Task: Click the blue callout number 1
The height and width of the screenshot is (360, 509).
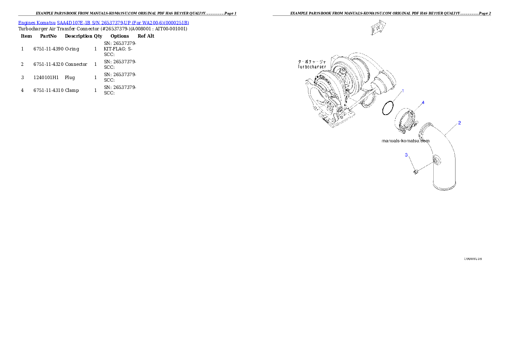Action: (402, 91)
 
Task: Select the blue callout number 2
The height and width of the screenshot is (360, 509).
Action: (459, 123)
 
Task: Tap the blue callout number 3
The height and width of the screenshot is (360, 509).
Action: (406, 155)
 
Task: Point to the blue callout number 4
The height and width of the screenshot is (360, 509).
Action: (423, 103)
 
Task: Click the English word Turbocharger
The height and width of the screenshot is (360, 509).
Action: (312, 67)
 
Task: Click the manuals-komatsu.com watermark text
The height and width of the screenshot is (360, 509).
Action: (405, 141)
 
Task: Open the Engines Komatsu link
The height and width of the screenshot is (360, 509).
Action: (37, 23)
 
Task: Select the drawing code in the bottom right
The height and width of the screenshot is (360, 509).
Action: (473, 259)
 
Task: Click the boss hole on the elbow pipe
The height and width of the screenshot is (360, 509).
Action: (436, 161)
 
